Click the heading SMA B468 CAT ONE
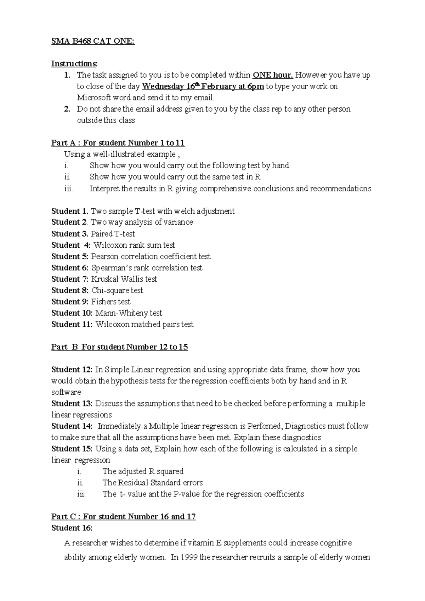(93, 41)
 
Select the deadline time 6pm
(256, 86)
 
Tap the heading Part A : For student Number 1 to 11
(118, 143)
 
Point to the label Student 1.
(70, 211)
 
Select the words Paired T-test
(113, 234)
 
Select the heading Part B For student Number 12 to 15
(119, 347)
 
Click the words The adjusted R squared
(143, 471)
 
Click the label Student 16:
(72, 528)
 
